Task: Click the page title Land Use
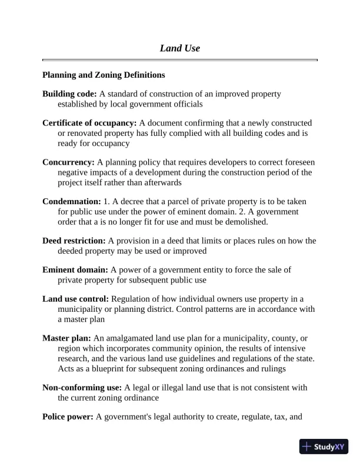pos(179,48)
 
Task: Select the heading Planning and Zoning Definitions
pos(104,75)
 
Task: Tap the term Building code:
pos(69,94)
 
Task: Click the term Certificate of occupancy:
pos(89,123)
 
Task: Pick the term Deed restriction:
pos(74,240)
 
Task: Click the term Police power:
pos(68,417)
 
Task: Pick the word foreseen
pos(300,162)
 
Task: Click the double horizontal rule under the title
pos(179,60)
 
